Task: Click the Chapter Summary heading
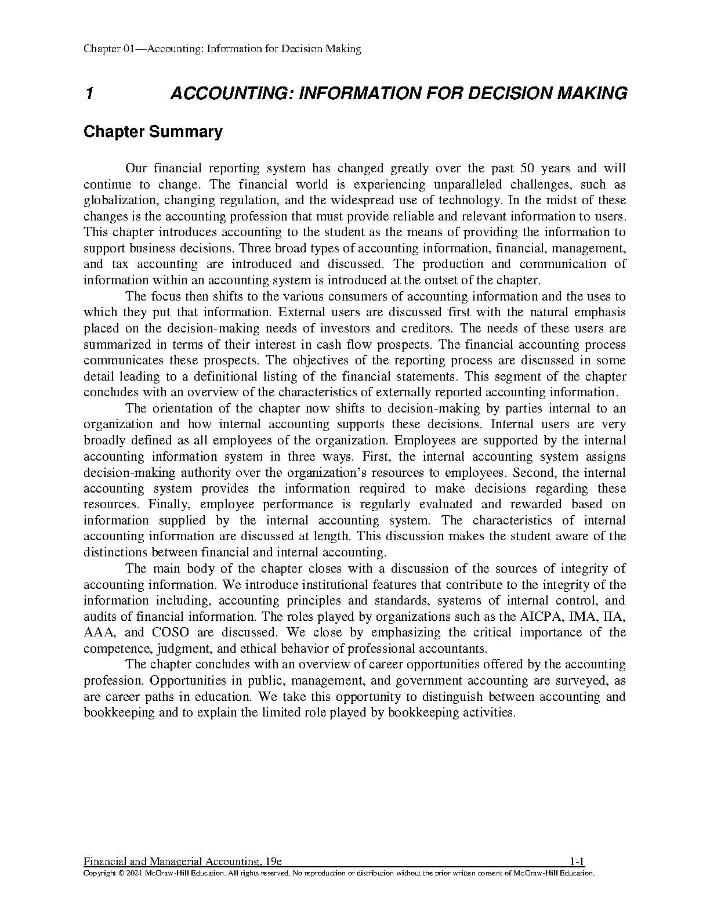point(153,132)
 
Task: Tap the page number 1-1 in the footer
point(577,861)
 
